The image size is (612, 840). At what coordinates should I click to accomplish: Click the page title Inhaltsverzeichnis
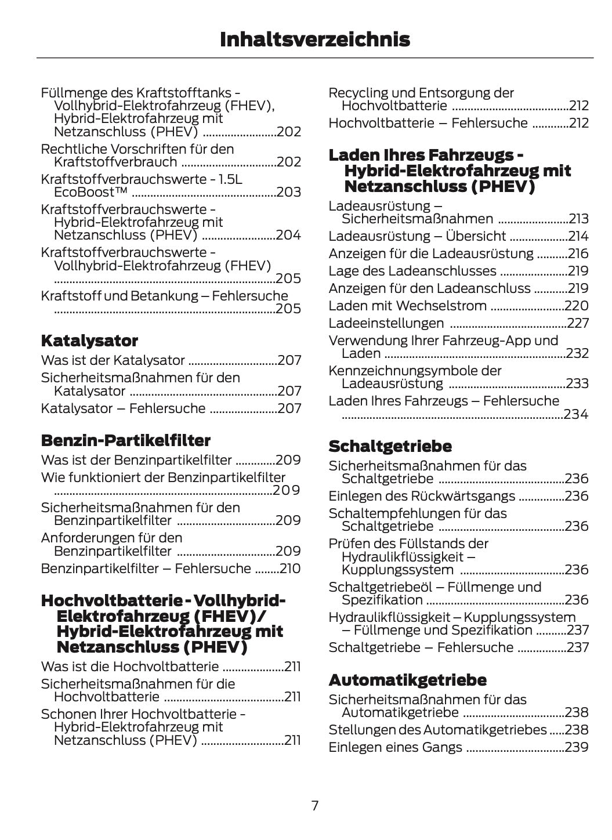click(x=314, y=39)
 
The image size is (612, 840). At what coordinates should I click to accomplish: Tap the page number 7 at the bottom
click(x=314, y=805)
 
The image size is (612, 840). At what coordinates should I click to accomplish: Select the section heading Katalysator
click(x=89, y=341)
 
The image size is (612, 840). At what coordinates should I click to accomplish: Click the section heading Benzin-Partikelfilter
click(x=125, y=440)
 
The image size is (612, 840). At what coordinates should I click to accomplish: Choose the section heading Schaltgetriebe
click(x=390, y=446)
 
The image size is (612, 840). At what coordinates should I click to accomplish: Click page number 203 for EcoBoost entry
click(x=288, y=192)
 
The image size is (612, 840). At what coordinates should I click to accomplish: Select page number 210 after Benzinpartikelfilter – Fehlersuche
click(x=290, y=569)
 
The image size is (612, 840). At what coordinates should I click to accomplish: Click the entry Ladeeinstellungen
click(x=386, y=323)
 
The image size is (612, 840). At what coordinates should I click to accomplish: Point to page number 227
click(x=577, y=323)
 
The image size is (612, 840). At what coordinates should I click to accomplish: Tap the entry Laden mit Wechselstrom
click(x=407, y=306)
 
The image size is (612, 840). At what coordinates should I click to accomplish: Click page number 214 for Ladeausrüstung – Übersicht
click(x=578, y=236)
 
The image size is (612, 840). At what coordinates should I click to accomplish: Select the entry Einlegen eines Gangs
click(x=395, y=747)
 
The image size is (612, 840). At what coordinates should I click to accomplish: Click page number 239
click(x=577, y=747)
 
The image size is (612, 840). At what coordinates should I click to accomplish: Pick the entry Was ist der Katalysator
click(x=113, y=360)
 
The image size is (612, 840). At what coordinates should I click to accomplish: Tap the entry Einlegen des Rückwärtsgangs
click(x=421, y=496)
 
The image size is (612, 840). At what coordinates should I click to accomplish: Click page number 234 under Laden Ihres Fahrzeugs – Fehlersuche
click(x=575, y=414)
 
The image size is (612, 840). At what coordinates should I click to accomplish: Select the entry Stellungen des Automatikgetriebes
click(x=437, y=730)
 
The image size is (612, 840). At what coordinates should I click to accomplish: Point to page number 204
click(x=288, y=235)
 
